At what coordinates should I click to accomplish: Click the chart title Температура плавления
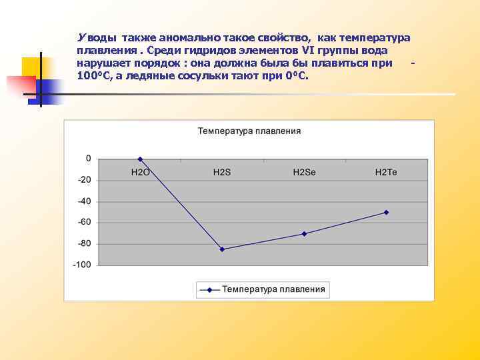point(249,131)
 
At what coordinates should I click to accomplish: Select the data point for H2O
point(140,159)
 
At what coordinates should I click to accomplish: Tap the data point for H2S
point(222,249)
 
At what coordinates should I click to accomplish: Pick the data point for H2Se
point(304,233)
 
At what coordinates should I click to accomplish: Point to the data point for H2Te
point(386,212)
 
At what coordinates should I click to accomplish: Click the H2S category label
point(222,172)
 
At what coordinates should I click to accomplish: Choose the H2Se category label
point(304,172)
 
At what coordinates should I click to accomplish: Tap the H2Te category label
point(386,172)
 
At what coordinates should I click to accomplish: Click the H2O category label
point(140,172)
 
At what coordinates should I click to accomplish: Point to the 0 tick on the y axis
point(88,159)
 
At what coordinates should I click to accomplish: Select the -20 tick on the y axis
point(85,180)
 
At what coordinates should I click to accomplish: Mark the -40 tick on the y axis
point(85,201)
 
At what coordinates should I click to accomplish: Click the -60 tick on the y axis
point(85,222)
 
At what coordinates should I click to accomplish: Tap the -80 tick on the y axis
point(85,243)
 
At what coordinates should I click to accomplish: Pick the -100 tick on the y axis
point(83,265)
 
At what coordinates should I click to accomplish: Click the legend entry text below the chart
point(273,289)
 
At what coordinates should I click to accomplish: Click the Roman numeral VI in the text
point(307,51)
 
